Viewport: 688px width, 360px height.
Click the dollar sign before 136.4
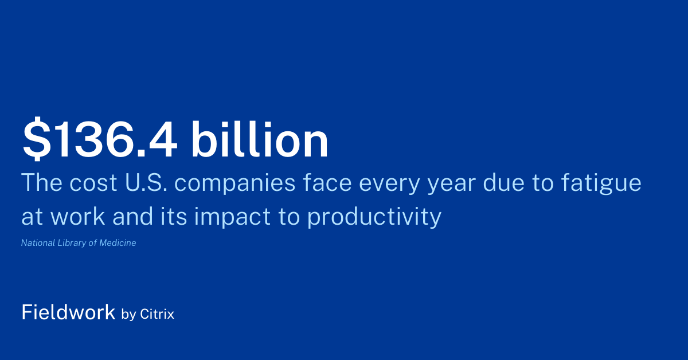tap(36, 140)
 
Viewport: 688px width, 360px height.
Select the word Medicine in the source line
tap(118, 243)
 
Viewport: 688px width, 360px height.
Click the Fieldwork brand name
tap(68, 312)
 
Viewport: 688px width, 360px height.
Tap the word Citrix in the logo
tap(157, 314)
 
